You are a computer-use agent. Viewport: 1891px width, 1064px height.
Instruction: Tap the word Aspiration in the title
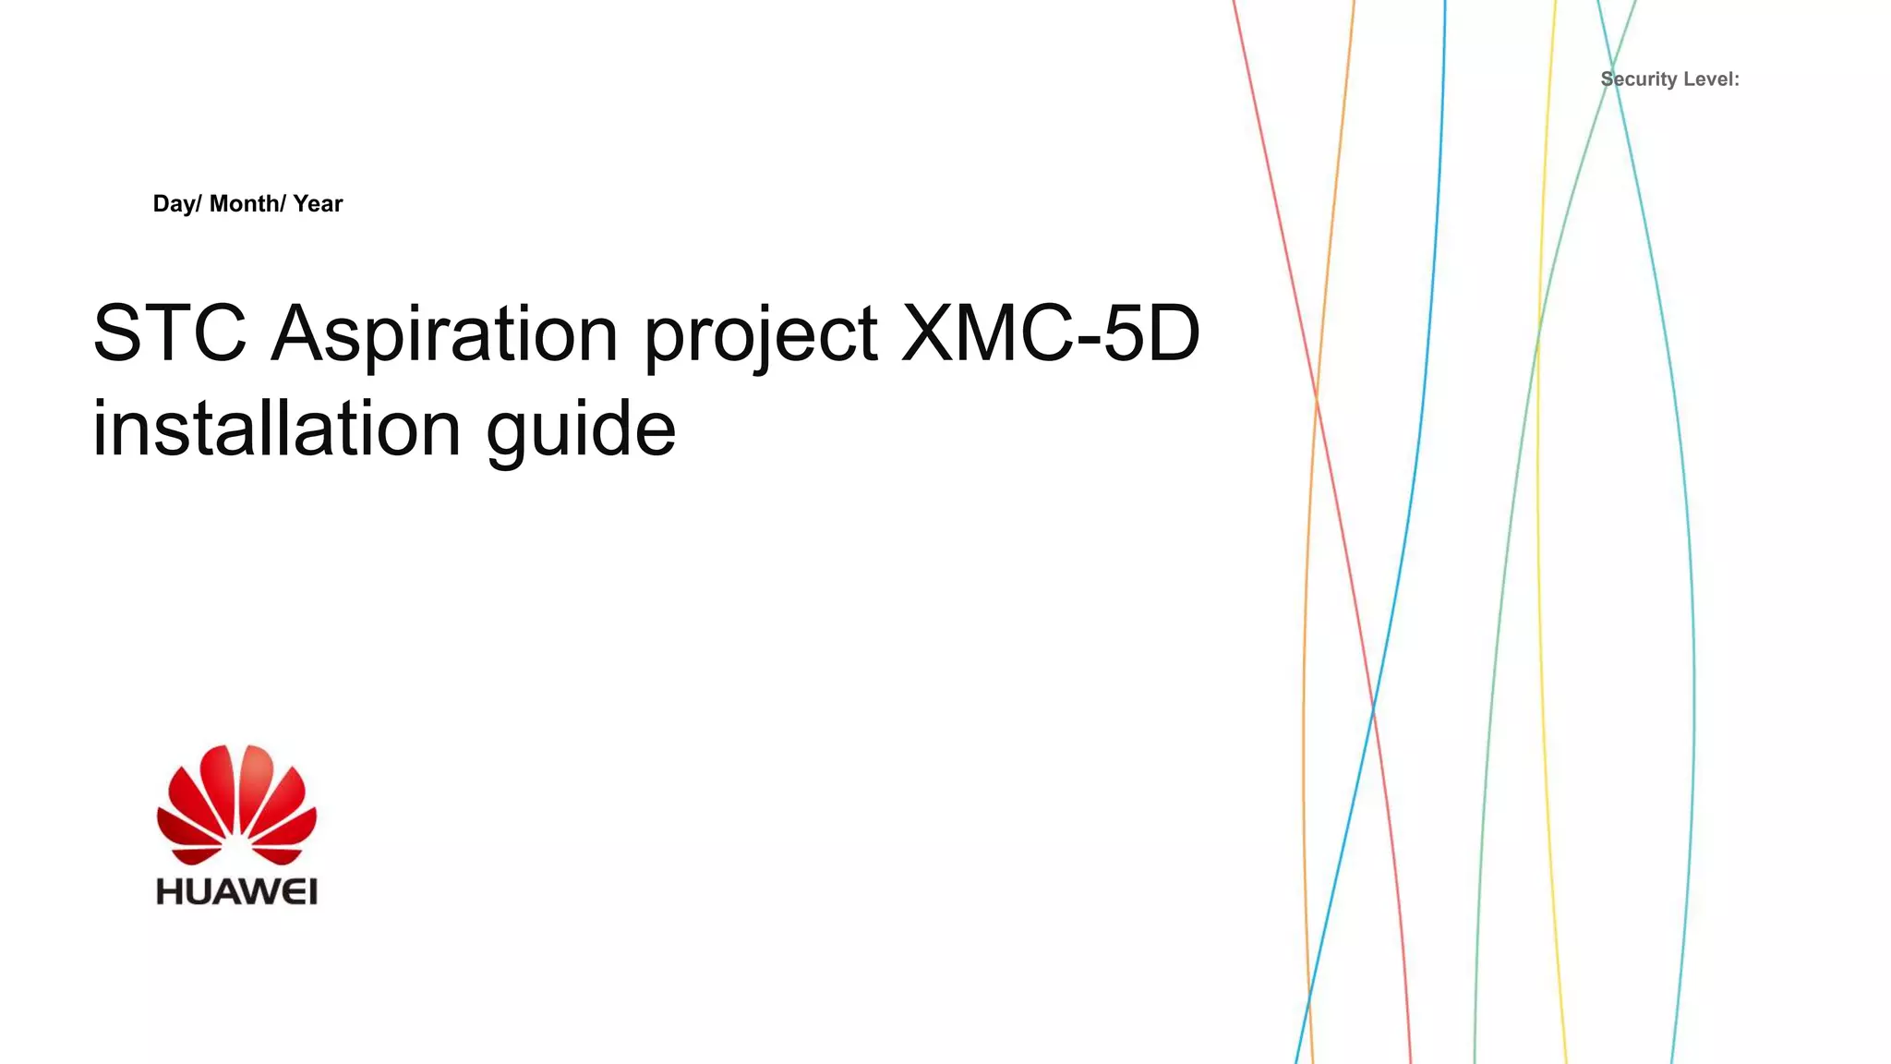point(444,334)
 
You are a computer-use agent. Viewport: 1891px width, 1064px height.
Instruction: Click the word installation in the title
point(276,429)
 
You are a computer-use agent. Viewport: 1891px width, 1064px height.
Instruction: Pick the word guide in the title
point(581,430)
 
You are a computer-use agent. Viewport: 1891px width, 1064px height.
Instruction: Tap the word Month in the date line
point(247,204)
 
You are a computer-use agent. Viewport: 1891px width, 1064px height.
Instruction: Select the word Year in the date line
point(318,204)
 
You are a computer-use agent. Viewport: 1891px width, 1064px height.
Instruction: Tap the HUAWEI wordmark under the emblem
point(237,891)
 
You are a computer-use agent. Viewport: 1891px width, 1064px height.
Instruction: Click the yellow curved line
point(1538,462)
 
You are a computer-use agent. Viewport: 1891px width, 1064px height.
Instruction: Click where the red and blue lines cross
point(1373,709)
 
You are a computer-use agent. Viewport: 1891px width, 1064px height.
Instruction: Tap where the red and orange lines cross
point(1316,397)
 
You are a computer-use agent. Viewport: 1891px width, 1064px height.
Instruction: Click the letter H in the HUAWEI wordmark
point(168,891)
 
